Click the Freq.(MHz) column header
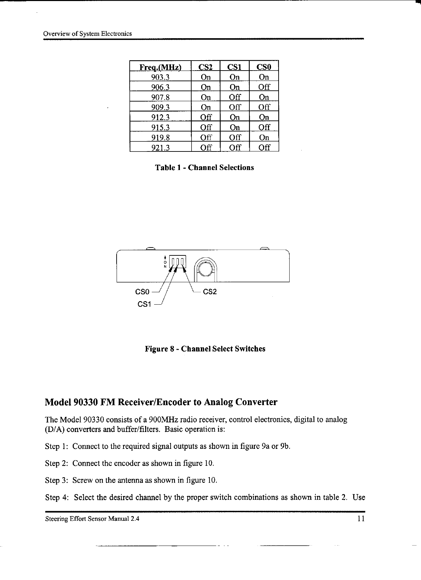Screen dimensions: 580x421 coord(160,66)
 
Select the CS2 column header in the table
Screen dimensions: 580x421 coord(206,66)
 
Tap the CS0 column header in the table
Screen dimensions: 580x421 coord(264,66)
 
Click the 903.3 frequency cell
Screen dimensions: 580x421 coord(160,77)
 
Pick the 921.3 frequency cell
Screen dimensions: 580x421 coord(160,148)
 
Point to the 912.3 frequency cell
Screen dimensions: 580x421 coord(160,117)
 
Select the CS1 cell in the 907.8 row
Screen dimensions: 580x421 coord(235,97)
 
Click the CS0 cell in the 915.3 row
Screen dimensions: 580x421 coord(264,127)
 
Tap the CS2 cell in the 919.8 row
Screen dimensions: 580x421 coord(206,137)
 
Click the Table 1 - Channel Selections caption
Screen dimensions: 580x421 coord(204,168)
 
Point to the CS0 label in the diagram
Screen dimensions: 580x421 coord(142,292)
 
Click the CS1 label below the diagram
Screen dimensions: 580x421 coord(144,304)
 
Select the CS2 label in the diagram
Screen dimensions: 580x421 coord(210,292)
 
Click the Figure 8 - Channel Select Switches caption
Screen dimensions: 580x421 coord(205,349)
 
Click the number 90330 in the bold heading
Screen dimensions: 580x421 coord(87,402)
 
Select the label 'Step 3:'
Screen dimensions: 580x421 coord(57,480)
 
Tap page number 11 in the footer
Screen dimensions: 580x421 coord(360,519)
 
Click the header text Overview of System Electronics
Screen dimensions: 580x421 coord(87,34)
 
